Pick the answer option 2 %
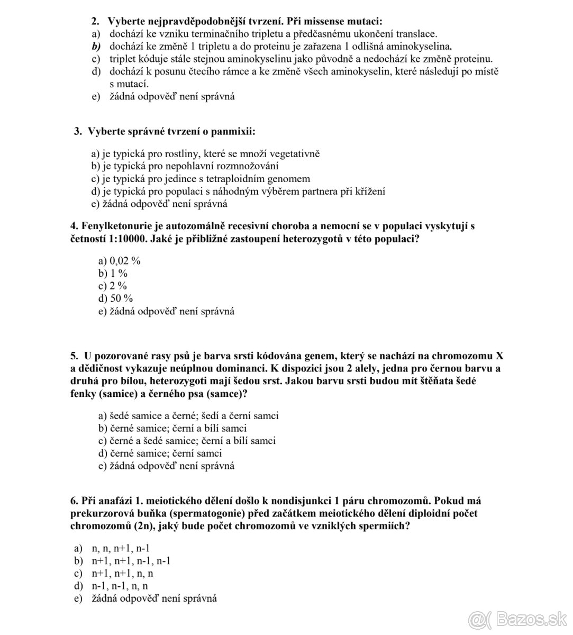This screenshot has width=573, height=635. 119,286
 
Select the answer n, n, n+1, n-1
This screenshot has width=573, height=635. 121,548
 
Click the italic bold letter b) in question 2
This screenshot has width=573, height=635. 96,46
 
